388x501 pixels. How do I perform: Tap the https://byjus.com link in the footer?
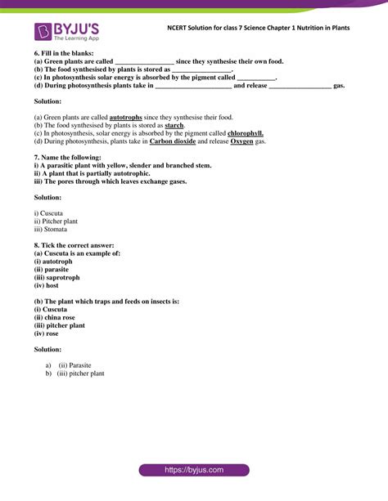pos(193,470)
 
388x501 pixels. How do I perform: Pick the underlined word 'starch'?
pos(174,125)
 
